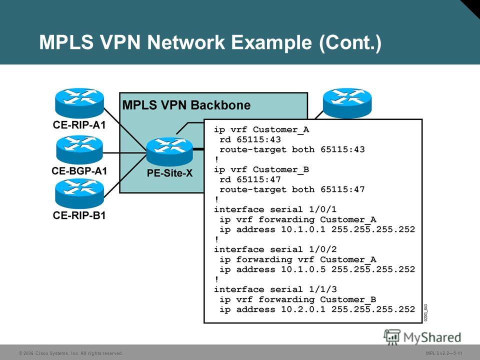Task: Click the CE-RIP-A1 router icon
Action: [79, 103]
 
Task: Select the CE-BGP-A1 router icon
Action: [79, 149]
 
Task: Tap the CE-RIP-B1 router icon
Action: [79, 194]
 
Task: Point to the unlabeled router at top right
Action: [347, 103]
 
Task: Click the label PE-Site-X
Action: [169, 173]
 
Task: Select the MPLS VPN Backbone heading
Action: [186, 105]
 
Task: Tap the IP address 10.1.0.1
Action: [303, 229]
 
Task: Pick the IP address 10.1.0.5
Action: [303, 269]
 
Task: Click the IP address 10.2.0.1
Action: [303, 309]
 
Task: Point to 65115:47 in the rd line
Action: [258, 179]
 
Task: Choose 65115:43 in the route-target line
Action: [342, 149]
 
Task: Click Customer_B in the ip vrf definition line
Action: [280, 169]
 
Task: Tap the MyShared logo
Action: [422, 337]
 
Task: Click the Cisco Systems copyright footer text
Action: [70, 353]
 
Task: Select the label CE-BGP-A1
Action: [79, 171]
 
